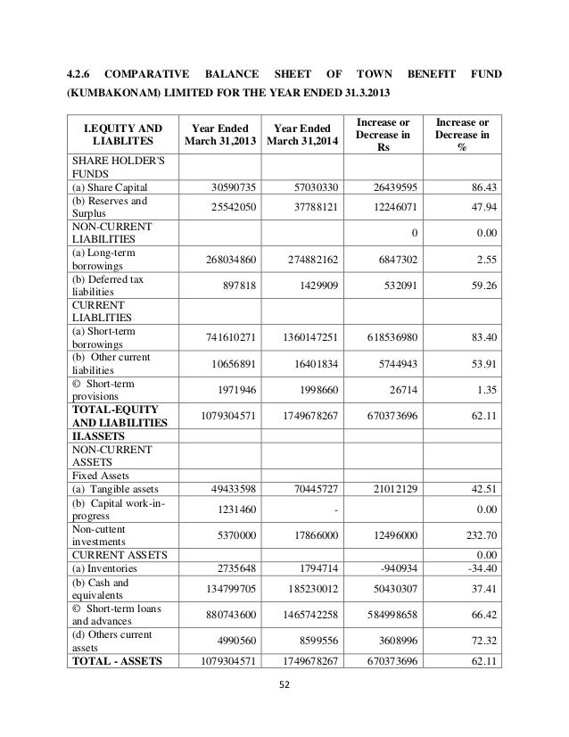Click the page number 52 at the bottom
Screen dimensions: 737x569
coord(284,685)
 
